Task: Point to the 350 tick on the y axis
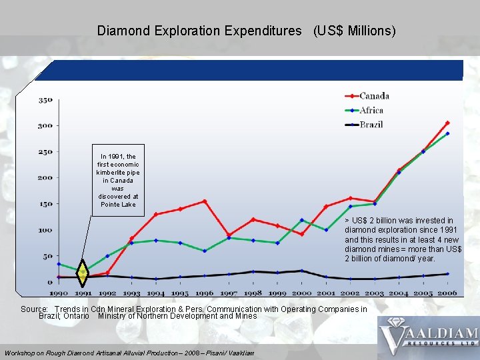(x=45, y=100)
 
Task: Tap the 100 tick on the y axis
(x=45, y=230)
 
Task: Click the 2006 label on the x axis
(x=447, y=293)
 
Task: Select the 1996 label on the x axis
(x=205, y=293)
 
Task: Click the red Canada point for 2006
(x=447, y=123)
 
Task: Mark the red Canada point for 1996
(x=205, y=201)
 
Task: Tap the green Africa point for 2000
(x=301, y=220)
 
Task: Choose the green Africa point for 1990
(x=59, y=264)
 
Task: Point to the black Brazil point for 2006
(x=447, y=274)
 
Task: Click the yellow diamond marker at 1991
(x=82, y=272)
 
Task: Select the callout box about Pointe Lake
(x=118, y=181)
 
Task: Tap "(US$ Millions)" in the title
(x=354, y=31)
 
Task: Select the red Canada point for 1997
(x=229, y=235)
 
